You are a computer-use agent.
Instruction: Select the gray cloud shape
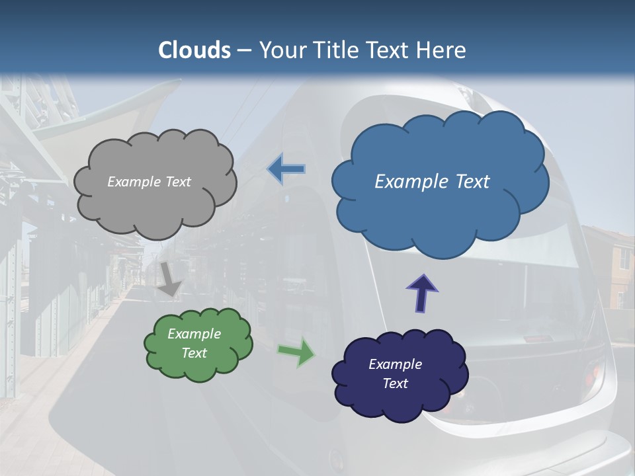pos(155,205)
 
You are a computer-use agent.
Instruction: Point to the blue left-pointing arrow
pos(286,169)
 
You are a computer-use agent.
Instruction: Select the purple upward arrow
pos(422,292)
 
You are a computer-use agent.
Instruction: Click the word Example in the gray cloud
pos(132,182)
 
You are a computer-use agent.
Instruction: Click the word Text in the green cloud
pos(194,353)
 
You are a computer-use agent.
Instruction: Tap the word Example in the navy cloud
pos(395,364)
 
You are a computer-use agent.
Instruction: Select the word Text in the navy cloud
pos(395,383)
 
